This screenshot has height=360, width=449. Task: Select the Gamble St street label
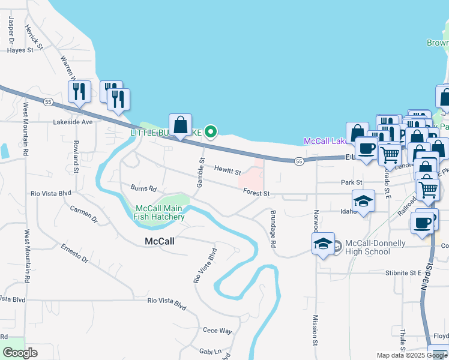(202, 173)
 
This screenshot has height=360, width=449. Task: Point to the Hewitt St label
(228, 172)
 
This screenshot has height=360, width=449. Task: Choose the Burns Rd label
(143, 188)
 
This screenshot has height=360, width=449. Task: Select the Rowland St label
(76, 157)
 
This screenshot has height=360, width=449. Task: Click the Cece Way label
(217, 331)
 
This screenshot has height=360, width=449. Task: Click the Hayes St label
(20, 50)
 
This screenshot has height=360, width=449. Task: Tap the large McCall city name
(160, 242)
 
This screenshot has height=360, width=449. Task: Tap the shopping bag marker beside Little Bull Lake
(180, 125)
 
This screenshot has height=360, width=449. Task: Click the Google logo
(20, 353)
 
